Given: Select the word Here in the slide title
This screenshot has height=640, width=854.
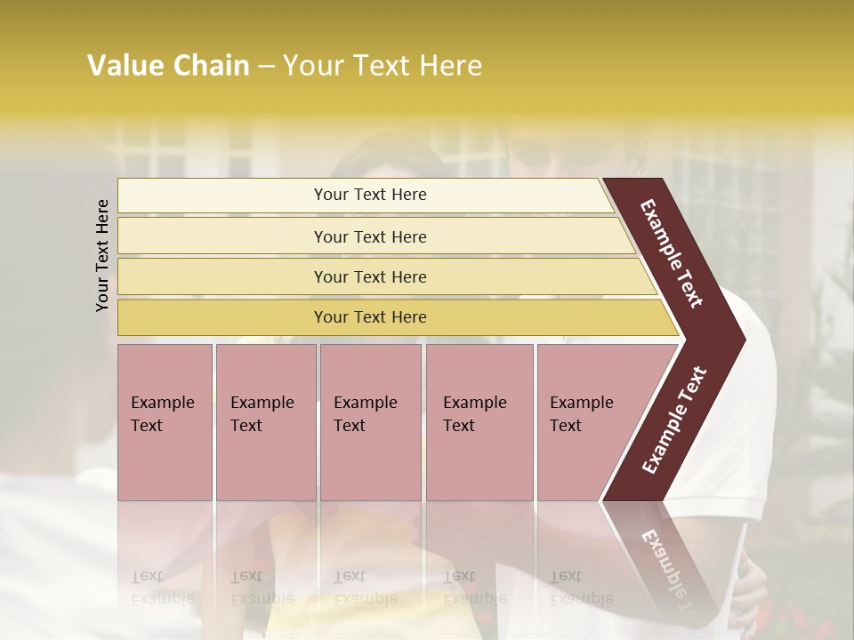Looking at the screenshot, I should point(450,66).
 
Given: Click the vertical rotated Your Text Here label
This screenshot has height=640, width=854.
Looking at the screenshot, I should point(102,255).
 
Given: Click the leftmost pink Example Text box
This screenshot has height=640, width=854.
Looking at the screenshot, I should point(165,421).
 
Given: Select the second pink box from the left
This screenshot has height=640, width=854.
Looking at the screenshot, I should point(265,421).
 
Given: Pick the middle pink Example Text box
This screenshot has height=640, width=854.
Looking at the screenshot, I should point(370,421).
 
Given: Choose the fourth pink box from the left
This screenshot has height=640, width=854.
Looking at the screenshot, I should point(479,421).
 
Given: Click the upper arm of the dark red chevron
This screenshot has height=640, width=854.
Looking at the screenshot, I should point(673,253).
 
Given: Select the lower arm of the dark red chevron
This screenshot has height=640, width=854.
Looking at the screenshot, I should point(673,421).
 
